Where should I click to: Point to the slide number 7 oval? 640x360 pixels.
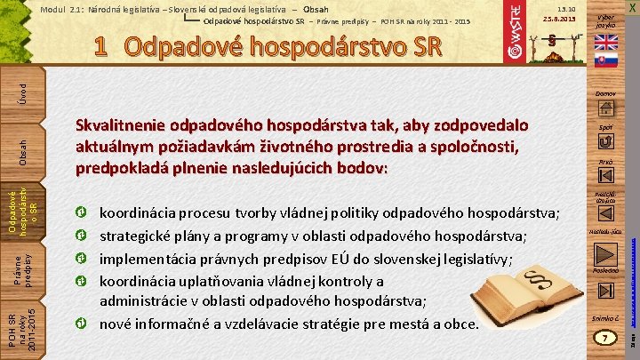tap(604, 339)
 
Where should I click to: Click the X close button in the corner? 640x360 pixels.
tap(631, 7)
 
